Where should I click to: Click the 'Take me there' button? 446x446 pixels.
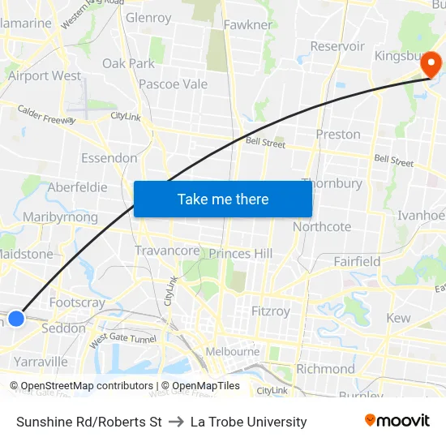click(223, 199)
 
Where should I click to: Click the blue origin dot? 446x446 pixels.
click(16, 318)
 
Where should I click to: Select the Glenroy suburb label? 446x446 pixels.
click(148, 17)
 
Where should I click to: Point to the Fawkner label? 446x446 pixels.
click(247, 24)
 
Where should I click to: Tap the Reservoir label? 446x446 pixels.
click(337, 46)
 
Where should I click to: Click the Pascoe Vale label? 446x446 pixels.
click(173, 84)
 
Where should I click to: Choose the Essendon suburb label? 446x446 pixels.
click(109, 157)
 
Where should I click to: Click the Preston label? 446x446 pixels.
click(338, 134)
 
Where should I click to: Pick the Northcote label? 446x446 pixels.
click(322, 226)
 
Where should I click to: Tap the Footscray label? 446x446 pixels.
click(77, 302)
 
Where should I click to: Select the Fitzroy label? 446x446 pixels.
click(271, 311)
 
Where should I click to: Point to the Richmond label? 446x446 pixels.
click(325, 369)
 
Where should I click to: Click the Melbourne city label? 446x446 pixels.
click(232, 351)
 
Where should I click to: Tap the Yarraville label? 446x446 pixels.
click(41, 361)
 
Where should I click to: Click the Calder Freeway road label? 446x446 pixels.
click(46, 114)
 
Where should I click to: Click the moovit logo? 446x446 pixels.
click(397, 420)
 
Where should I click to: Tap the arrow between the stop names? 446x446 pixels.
click(176, 422)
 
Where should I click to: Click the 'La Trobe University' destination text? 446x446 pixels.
click(248, 422)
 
